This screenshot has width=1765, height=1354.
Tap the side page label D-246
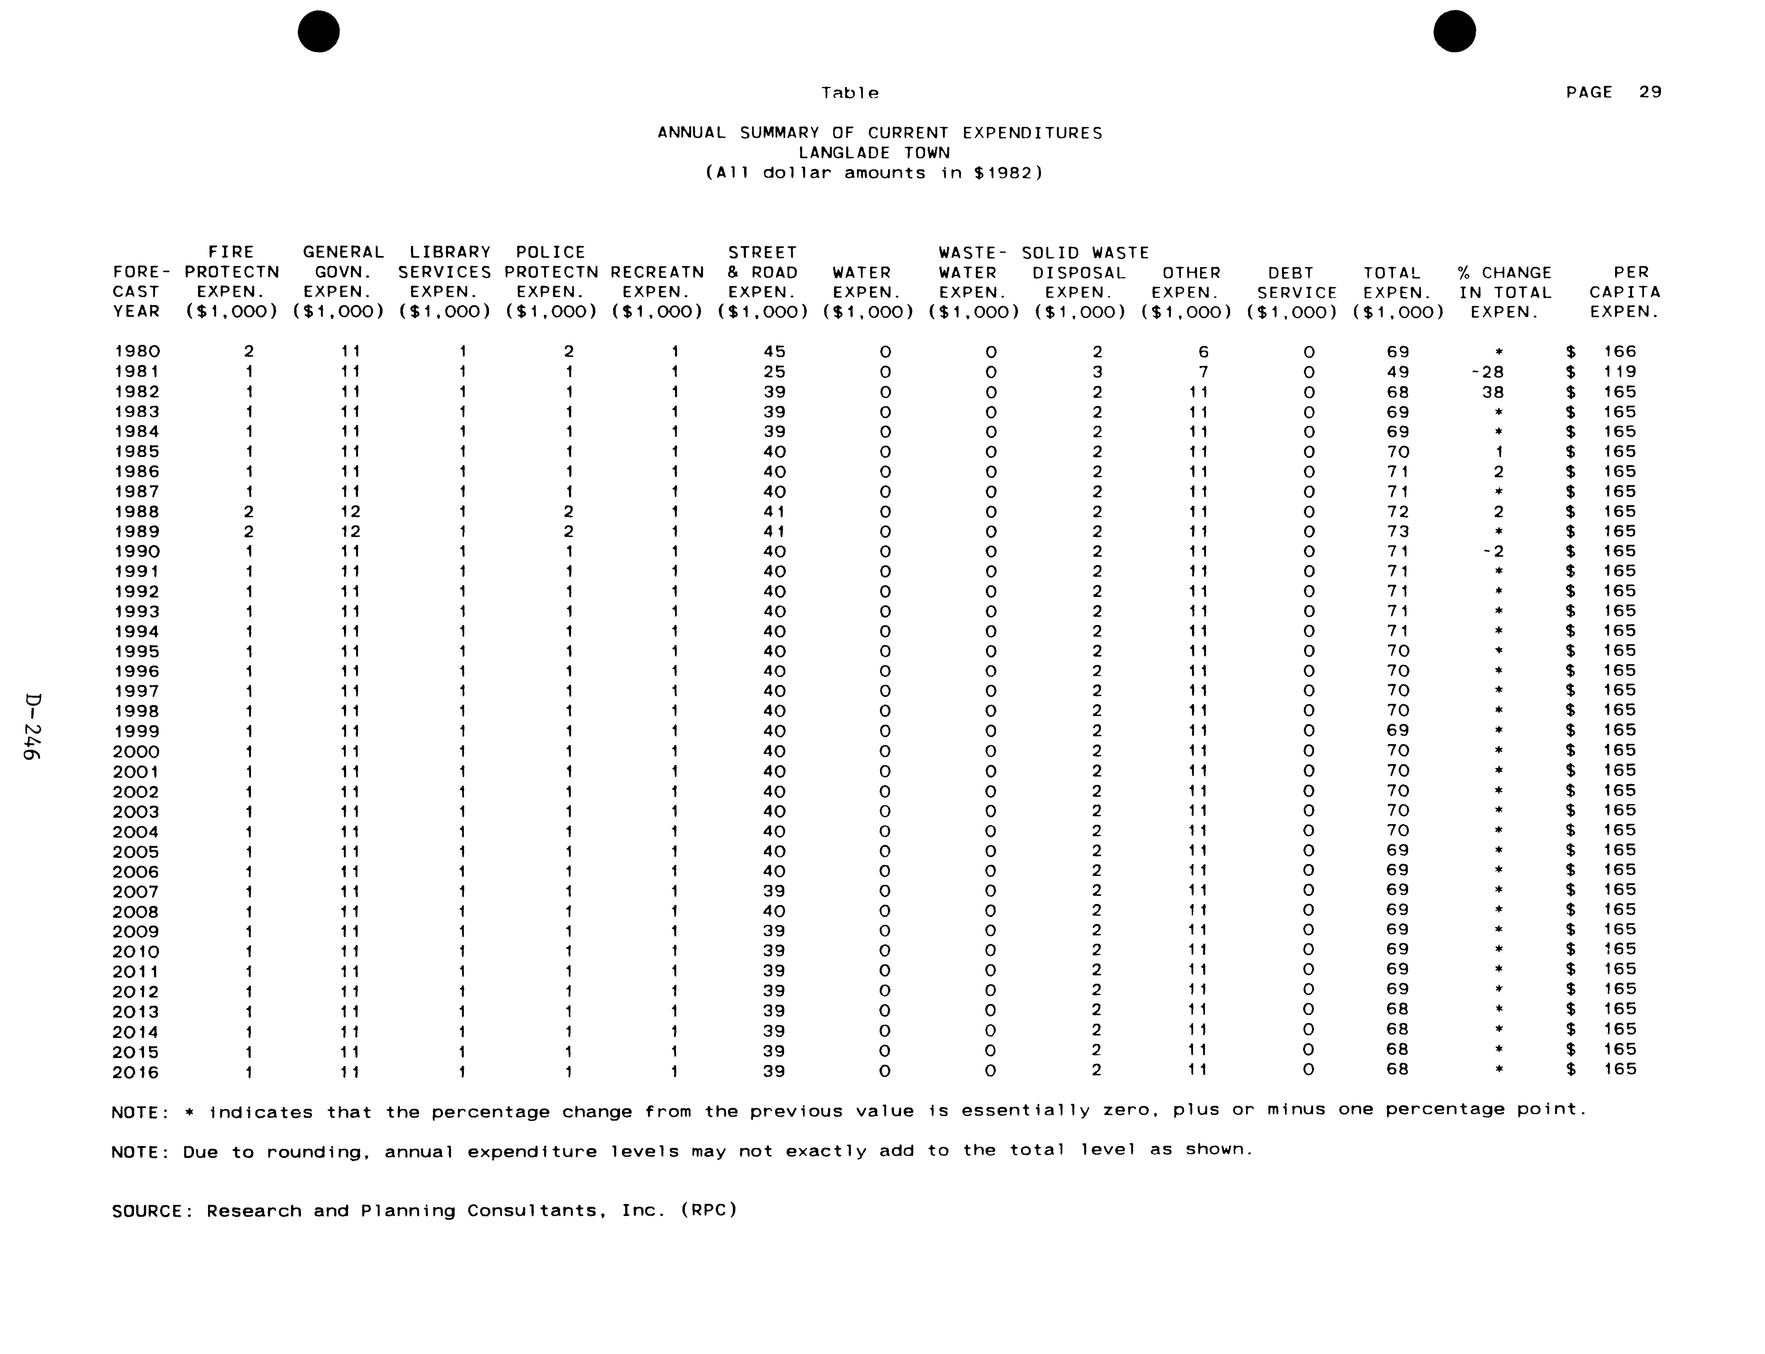pos(32,725)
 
